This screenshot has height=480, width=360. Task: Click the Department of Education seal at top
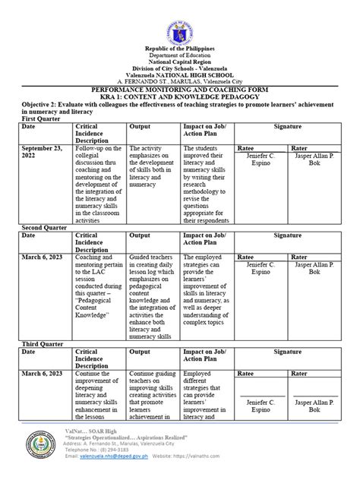(180, 24)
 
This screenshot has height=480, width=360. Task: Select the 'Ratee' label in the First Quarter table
(247, 149)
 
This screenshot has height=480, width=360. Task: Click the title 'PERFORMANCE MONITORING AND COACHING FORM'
(180, 89)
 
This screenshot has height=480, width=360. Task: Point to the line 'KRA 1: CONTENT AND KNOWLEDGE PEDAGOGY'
(180, 96)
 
